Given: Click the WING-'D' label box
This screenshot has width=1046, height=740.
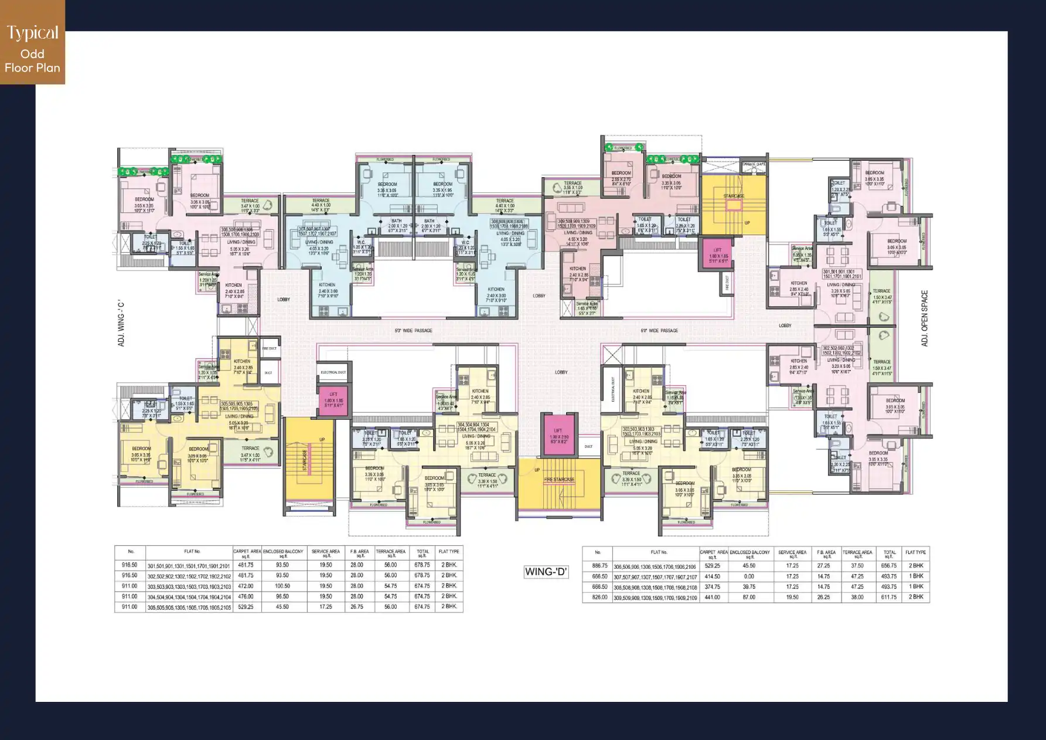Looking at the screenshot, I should [546, 572].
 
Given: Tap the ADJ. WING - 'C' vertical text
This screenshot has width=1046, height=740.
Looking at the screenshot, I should [121, 323].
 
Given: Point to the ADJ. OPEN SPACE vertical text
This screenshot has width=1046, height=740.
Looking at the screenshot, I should [925, 318].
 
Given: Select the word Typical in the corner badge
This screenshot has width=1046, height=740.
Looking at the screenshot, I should [32, 33].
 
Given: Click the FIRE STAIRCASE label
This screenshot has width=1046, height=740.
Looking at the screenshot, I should [559, 480].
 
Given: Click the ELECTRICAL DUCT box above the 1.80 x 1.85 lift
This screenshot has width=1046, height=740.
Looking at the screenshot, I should [333, 372].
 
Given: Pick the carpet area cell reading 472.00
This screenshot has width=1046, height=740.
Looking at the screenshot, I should [246, 586].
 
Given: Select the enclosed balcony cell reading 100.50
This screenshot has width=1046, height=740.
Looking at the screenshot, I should [282, 586].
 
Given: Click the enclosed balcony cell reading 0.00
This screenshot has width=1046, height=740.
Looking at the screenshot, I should [749, 576].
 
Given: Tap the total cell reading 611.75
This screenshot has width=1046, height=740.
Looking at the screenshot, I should [889, 597].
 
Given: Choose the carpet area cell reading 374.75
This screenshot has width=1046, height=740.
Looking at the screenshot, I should [713, 587].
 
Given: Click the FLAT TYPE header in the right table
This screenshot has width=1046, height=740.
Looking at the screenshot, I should [915, 552].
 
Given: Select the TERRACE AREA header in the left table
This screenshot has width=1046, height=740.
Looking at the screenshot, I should [390, 552].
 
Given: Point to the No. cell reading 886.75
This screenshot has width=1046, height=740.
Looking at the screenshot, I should [599, 566].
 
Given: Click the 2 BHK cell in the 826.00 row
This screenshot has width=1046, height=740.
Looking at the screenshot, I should [915, 597].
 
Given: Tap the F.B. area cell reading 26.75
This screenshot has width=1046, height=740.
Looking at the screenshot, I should [357, 607].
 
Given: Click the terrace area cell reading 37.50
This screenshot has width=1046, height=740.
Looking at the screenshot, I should [857, 566].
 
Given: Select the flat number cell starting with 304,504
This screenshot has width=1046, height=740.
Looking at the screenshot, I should [189, 597].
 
